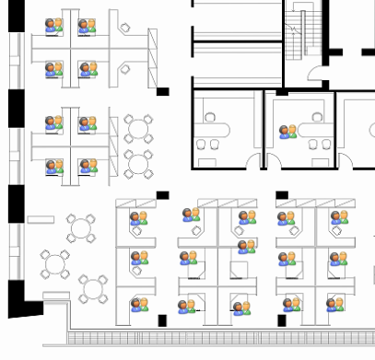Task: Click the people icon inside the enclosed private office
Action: (x=288, y=132)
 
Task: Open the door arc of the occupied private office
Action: (x=274, y=160)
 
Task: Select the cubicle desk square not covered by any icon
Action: (x=238, y=270)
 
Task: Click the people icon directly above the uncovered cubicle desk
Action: (x=246, y=246)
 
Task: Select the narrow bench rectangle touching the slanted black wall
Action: (x=54, y=296)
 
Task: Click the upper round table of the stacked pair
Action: (x=139, y=127)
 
